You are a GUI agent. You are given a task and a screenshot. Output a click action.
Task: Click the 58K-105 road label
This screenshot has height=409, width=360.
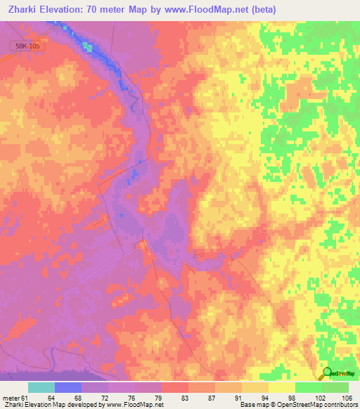(27, 46)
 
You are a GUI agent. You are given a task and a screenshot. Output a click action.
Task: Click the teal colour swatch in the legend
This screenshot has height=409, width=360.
(41, 387)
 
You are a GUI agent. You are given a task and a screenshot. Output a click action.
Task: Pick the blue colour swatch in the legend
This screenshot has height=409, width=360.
(68, 387)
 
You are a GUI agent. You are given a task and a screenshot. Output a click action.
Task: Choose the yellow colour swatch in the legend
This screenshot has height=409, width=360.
(282, 387)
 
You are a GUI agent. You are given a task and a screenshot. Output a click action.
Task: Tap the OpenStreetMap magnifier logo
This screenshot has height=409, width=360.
(327, 373)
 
